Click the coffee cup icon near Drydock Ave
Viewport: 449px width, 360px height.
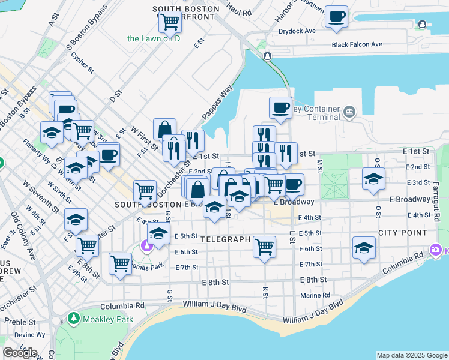[x=337, y=16]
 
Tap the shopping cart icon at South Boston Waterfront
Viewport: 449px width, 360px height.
[x=170, y=21]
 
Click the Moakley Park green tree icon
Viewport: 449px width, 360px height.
[x=73, y=317]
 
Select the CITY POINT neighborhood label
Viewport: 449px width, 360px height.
[x=402, y=232]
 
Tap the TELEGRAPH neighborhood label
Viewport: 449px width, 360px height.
[x=224, y=239]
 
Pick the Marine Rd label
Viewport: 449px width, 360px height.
[x=315, y=295]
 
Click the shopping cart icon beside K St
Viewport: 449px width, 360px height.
[x=264, y=245]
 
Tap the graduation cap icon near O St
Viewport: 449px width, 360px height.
[x=373, y=178]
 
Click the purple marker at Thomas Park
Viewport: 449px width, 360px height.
[x=145, y=245]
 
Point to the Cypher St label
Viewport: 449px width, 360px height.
[x=83, y=62]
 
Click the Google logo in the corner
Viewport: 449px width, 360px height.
[x=20, y=352]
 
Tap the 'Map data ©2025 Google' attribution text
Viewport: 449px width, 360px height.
[x=412, y=355]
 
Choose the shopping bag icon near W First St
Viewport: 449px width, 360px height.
[x=164, y=129]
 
